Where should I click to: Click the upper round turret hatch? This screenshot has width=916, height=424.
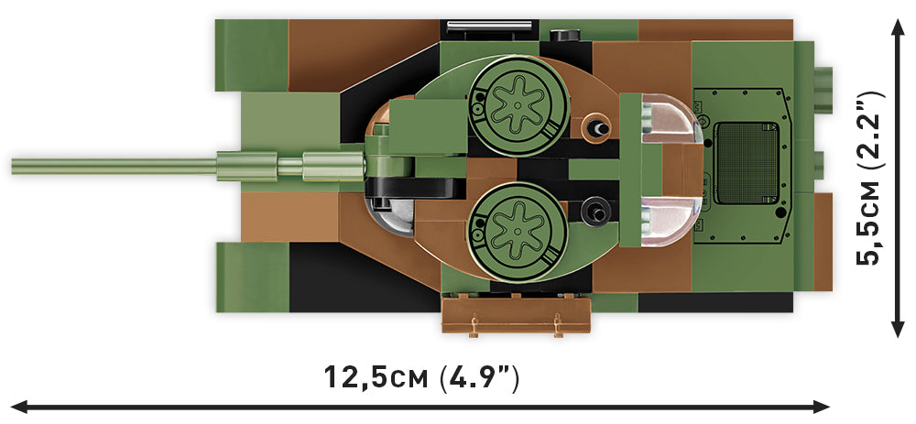pos(516,103)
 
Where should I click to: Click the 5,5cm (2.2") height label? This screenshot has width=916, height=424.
pos(870,178)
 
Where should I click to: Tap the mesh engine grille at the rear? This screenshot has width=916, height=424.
pos(747,164)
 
